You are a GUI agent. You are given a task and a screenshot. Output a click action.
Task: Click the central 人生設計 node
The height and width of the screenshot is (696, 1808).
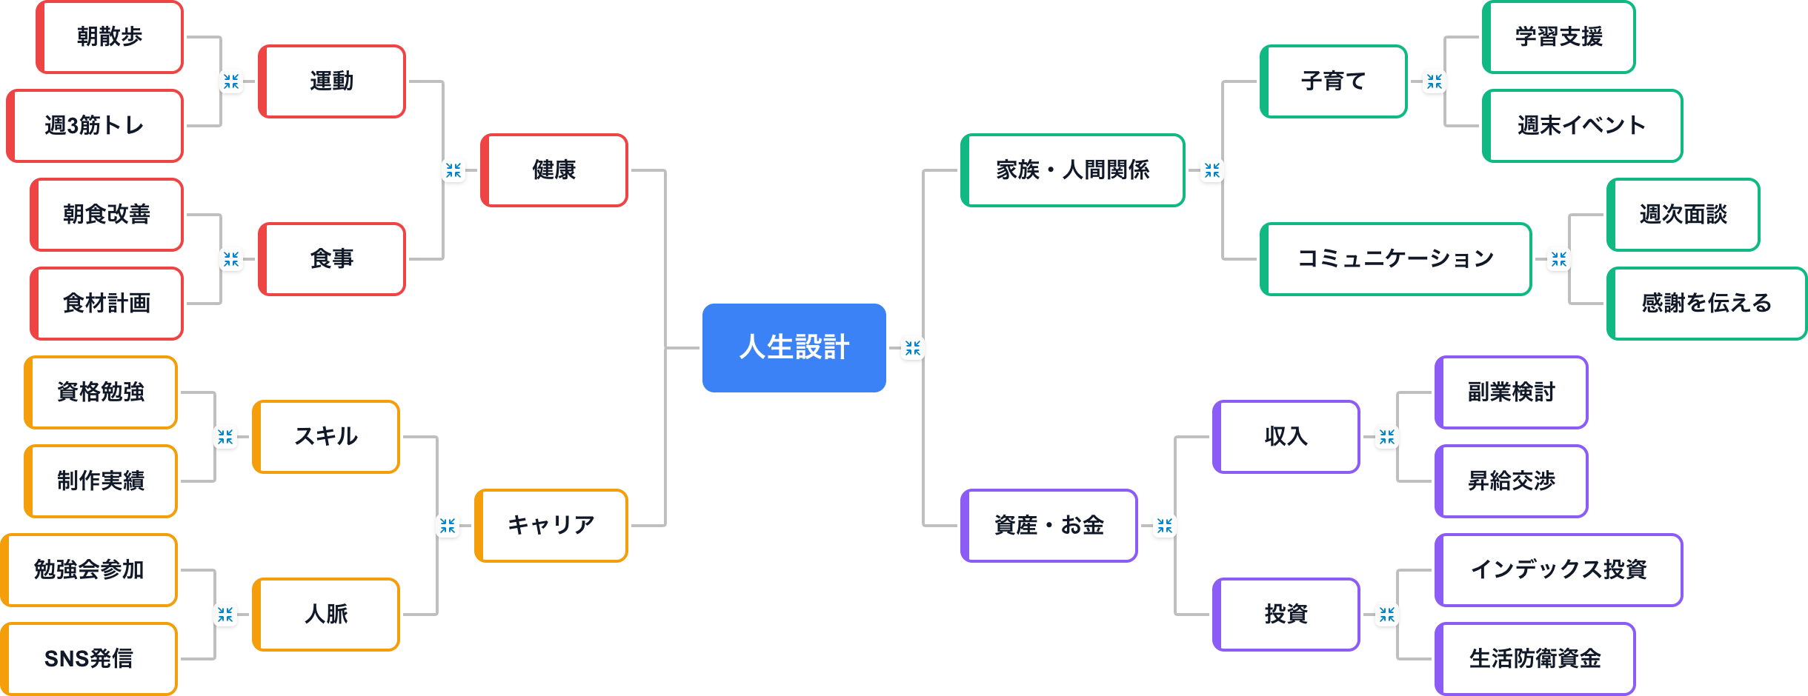(794, 347)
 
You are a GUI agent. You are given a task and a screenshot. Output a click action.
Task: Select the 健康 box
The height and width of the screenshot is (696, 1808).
(554, 170)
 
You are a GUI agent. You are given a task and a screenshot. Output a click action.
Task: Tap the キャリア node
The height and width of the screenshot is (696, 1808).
(551, 526)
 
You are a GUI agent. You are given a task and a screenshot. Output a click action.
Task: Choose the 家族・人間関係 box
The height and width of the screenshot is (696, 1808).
(1072, 170)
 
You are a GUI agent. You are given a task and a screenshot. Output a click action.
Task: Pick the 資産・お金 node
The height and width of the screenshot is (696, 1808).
(1048, 526)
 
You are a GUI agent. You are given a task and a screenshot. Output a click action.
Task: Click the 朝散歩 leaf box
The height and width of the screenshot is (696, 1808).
(110, 37)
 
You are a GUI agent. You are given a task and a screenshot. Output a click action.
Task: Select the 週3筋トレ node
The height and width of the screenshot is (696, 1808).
(95, 126)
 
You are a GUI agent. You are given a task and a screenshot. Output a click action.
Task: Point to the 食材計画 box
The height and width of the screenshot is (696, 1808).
(107, 304)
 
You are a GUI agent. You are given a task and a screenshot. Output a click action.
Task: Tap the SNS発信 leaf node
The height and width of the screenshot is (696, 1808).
(89, 659)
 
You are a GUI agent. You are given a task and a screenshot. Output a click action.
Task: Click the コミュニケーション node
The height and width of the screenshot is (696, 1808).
(1395, 259)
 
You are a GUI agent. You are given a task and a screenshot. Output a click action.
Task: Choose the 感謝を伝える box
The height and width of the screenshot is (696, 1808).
(1706, 304)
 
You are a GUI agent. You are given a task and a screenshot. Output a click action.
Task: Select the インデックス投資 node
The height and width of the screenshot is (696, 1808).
(1558, 570)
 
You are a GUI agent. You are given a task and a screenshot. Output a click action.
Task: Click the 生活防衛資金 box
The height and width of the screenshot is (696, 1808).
(1535, 659)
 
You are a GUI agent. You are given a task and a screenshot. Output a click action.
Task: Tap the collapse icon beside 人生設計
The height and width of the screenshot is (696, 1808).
(912, 348)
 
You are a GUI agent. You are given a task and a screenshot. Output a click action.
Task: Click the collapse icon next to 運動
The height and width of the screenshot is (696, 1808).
(231, 81)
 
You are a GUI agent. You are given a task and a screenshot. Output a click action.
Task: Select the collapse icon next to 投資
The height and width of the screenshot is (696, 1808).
(1386, 615)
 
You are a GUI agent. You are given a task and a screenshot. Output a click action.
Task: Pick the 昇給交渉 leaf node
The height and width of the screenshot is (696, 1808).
(1511, 481)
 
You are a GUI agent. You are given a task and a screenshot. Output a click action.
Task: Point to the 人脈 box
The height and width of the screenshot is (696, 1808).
(326, 615)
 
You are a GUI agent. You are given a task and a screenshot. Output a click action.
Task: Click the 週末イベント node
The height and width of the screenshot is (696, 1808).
(1582, 126)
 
